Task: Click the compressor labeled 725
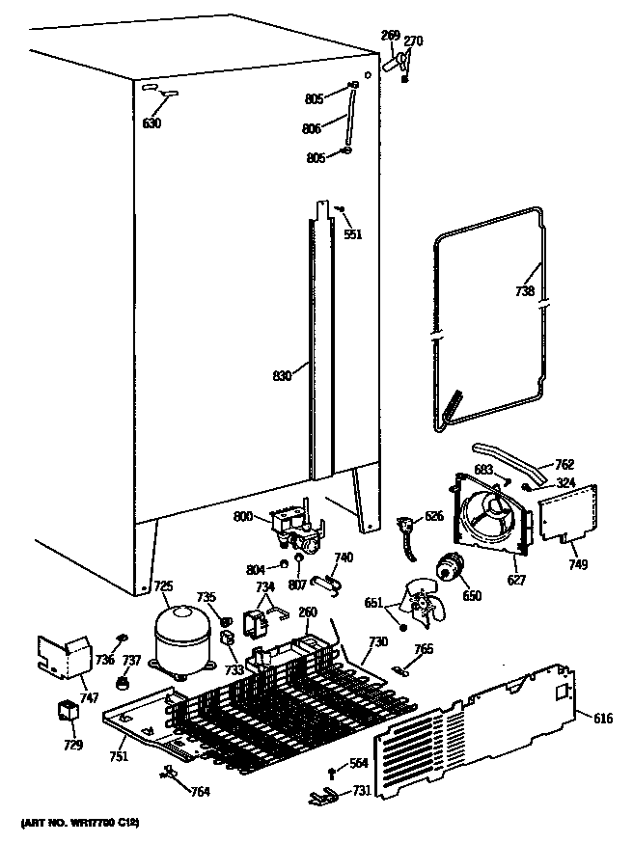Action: pyautogui.click(x=182, y=637)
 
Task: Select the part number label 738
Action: pyautogui.click(x=523, y=290)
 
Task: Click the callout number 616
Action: pyautogui.click(x=602, y=719)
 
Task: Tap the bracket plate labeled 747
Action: pyautogui.click(x=63, y=656)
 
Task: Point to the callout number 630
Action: pyautogui.click(x=151, y=123)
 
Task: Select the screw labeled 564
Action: pyautogui.click(x=332, y=770)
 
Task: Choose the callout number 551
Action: pyautogui.click(x=353, y=234)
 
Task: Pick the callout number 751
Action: pyautogui.click(x=119, y=757)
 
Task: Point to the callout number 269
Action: pyautogui.click(x=390, y=36)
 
